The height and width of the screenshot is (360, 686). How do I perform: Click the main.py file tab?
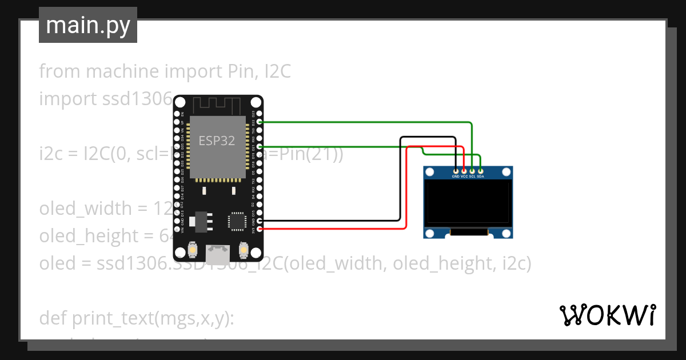(x=87, y=25)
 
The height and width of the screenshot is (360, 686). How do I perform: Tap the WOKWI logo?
(x=607, y=315)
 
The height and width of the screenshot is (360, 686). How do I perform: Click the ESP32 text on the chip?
(x=217, y=141)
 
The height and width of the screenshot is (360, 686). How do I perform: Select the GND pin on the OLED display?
(x=456, y=170)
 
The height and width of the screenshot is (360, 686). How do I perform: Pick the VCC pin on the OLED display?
(x=464, y=170)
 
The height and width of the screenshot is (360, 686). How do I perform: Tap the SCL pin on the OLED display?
(x=472, y=170)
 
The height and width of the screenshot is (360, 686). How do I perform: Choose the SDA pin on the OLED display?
(x=481, y=170)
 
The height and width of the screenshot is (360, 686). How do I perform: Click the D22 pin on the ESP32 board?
(x=260, y=122)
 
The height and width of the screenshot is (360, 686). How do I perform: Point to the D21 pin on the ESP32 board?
(x=260, y=147)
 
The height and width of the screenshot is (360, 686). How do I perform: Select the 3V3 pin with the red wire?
(x=260, y=229)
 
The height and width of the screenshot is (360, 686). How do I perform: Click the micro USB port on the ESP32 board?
(x=218, y=252)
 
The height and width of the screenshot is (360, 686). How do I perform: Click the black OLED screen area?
(x=467, y=202)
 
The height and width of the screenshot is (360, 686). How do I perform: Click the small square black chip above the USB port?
(x=236, y=220)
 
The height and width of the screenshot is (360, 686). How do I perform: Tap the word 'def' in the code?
(x=53, y=319)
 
